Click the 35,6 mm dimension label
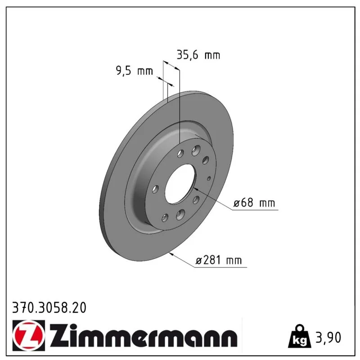[x=198, y=55]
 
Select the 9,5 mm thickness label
[x=134, y=71]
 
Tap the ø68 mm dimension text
[x=254, y=202]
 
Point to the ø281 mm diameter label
[x=219, y=260]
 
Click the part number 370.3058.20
[x=49, y=308]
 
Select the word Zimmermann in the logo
[x=144, y=336]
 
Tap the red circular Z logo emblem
[x=29, y=335]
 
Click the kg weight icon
[x=299, y=336]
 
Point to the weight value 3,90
[x=328, y=337]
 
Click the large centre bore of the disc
[x=181, y=184]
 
